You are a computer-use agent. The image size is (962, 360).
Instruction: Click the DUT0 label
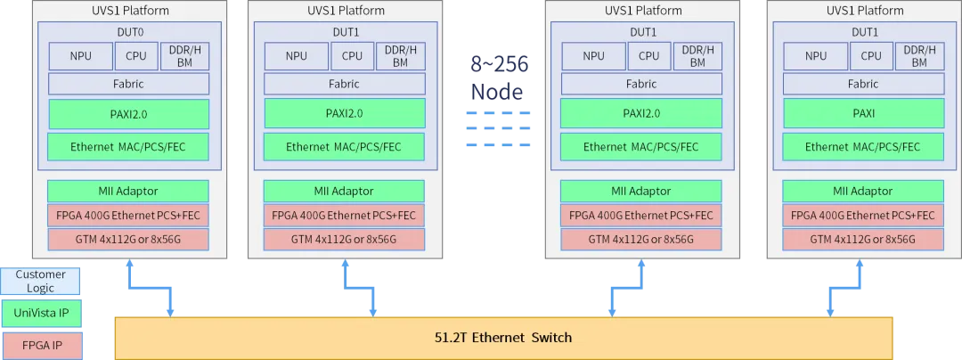tap(129, 30)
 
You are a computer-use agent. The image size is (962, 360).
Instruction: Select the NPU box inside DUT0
tap(81, 56)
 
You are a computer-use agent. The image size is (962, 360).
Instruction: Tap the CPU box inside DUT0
tap(135, 56)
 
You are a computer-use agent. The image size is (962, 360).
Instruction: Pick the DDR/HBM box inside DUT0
tap(184, 56)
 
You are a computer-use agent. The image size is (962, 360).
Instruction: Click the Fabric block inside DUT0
tap(129, 84)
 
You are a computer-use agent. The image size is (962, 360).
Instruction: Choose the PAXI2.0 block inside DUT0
tap(129, 114)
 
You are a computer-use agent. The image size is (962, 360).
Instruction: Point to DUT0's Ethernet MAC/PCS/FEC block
tap(129, 146)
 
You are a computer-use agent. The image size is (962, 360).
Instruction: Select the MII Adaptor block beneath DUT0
tap(128, 192)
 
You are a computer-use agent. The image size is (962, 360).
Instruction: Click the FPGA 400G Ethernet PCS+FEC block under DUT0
tap(128, 216)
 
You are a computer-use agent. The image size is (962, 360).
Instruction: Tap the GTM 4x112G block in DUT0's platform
tap(128, 239)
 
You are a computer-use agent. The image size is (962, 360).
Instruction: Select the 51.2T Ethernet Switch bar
tap(503, 338)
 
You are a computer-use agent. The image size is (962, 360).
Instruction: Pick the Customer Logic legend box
tap(40, 281)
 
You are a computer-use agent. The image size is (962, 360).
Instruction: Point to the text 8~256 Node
tap(499, 78)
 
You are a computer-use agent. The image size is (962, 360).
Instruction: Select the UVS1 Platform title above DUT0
tap(129, 11)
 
